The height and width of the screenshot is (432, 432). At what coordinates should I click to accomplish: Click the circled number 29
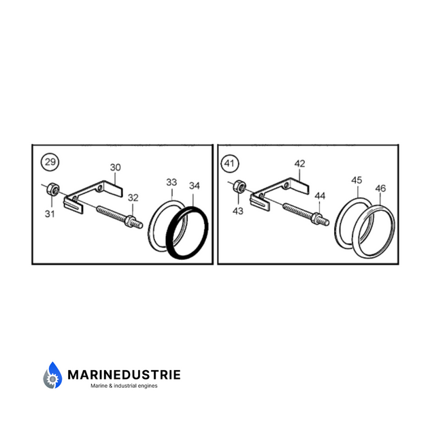pyautogui.click(x=50, y=162)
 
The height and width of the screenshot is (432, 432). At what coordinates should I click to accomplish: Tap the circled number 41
pyautogui.click(x=230, y=164)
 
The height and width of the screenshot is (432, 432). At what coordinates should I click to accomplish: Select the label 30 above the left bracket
pyautogui.click(x=116, y=167)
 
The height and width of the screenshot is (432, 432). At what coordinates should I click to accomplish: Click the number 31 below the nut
pyautogui.click(x=50, y=214)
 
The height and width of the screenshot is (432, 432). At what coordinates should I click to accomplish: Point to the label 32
pyautogui.click(x=133, y=197)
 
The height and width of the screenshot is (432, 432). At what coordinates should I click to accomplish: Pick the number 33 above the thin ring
pyautogui.click(x=171, y=182)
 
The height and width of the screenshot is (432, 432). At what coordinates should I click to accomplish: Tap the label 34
pyautogui.click(x=195, y=186)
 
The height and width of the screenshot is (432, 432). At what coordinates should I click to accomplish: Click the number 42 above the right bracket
pyautogui.click(x=300, y=164)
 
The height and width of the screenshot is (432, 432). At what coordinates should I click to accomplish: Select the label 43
pyautogui.click(x=238, y=211)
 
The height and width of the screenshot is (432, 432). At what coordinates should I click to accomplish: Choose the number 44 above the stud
pyautogui.click(x=320, y=196)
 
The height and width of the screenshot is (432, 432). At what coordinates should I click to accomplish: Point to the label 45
pyautogui.click(x=356, y=180)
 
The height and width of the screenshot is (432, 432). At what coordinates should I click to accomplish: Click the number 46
pyautogui.click(x=380, y=188)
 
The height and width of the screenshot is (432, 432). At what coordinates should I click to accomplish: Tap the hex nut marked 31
pyautogui.click(x=52, y=189)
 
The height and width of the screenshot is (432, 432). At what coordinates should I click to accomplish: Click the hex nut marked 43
pyautogui.click(x=239, y=186)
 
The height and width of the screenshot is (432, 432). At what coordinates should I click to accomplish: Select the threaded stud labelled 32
pyautogui.click(x=120, y=217)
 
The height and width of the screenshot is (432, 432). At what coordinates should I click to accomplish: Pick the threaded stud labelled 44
pyautogui.click(x=306, y=214)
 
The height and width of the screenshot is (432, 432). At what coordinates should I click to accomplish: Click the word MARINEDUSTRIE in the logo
pyautogui.click(x=124, y=375)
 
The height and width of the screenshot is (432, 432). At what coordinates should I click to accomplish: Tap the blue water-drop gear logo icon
pyautogui.click(x=52, y=376)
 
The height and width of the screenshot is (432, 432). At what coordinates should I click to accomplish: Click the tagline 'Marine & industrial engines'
pyautogui.click(x=124, y=386)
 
